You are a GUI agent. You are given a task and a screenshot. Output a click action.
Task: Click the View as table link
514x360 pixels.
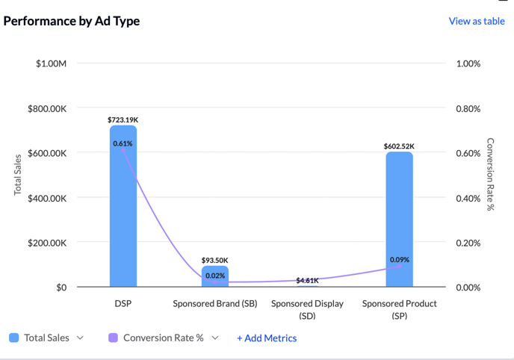pos(477,21)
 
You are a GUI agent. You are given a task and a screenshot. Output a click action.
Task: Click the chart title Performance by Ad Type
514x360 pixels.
pos(72,21)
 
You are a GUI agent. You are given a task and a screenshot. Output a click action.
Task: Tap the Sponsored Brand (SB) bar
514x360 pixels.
pos(215,277)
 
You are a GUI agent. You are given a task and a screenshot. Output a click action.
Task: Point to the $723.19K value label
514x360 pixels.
pos(123,120)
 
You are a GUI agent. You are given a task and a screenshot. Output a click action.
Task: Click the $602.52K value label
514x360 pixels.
pos(399,146)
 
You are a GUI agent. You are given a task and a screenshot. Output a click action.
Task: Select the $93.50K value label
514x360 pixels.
pos(215,260)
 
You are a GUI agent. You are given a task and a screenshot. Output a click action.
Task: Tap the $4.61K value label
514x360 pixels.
pos(307,281)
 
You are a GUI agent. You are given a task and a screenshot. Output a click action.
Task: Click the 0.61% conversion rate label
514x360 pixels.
pos(123,143)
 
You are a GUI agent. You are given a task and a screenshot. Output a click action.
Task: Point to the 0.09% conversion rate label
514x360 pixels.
pos(399,260)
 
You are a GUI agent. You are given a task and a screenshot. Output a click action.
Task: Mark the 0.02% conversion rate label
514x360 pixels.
pos(215,276)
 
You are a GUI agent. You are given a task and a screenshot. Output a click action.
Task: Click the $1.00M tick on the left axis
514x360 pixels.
pos(52,63)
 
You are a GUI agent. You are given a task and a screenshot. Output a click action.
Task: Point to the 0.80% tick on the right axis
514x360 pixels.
pos(468,108)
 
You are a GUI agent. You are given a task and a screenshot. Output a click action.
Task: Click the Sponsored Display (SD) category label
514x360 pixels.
pos(307,309)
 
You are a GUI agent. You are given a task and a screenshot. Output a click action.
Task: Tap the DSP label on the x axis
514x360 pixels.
pos(123,304)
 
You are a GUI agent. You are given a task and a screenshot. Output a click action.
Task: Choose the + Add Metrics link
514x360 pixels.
pos(267,338)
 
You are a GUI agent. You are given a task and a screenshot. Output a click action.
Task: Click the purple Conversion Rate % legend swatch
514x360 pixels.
pos(114,338)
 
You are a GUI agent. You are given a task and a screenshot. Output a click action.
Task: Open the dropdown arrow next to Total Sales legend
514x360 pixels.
pos(80,338)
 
